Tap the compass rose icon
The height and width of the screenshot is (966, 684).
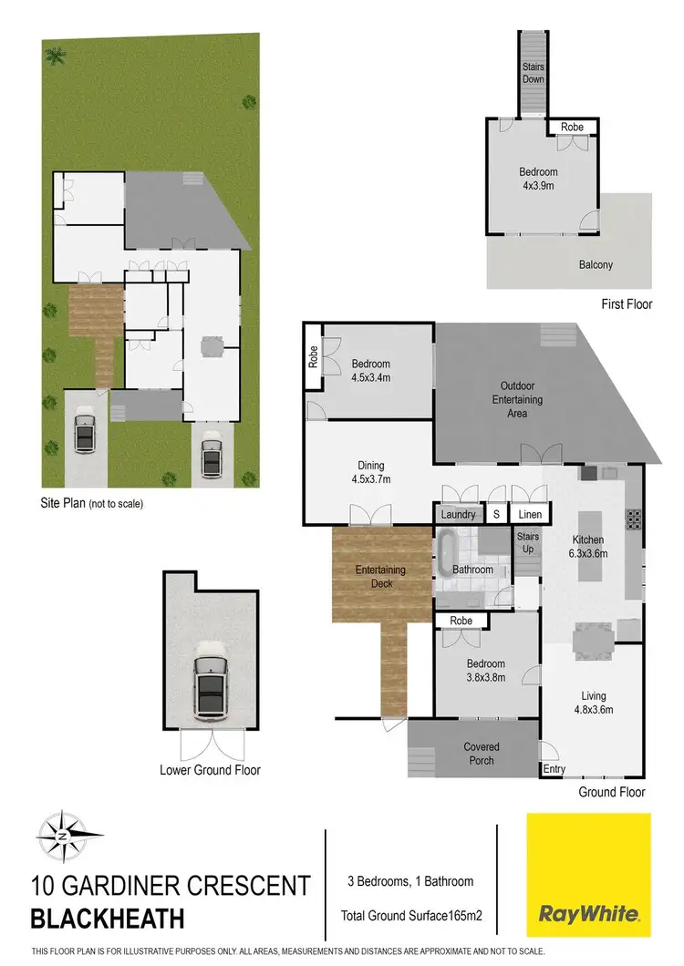pyautogui.click(x=61, y=835)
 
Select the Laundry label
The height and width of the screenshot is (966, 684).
pyautogui.click(x=458, y=515)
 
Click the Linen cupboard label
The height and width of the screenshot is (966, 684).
pyautogui.click(x=530, y=515)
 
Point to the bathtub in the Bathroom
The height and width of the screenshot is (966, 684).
pyautogui.click(x=447, y=558)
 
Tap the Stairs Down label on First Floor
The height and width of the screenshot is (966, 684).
pyautogui.click(x=534, y=73)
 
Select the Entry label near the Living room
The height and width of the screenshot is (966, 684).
pyautogui.click(x=554, y=770)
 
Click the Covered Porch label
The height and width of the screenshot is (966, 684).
pyautogui.click(x=482, y=754)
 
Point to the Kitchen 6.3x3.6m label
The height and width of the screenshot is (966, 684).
pyautogui.click(x=588, y=547)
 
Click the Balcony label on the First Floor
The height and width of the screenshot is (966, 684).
pyautogui.click(x=596, y=265)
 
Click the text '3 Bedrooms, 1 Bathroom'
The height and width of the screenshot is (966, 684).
pyautogui.click(x=409, y=881)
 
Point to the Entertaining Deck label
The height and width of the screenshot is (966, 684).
pyautogui.click(x=380, y=577)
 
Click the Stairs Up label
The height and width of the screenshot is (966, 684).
pyautogui.click(x=529, y=543)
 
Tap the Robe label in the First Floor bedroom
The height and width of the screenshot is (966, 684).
pyautogui.click(x=572, y=128)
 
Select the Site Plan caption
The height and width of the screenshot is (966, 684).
pyautogui.click(x=92, y=502)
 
